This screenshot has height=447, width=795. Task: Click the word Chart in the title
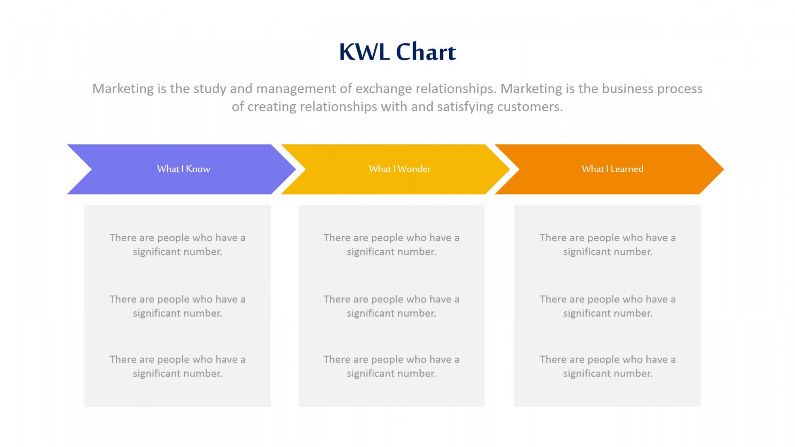click(426, 52)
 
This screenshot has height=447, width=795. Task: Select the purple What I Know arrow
click(182, 169)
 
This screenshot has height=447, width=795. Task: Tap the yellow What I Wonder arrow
click(395, 169)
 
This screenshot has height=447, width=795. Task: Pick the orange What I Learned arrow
click(609, 169)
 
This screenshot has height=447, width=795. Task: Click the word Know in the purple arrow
click(198, 169)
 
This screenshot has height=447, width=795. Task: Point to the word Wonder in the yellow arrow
click(414, 169)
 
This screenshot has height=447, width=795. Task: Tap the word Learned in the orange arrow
click(627, 169)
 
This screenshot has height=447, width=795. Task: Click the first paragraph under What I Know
click(178, 245)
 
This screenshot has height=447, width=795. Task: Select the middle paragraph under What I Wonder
click(391, 306)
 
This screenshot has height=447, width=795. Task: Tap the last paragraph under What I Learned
click(607, 366)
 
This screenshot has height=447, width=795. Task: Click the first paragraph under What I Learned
click(607, 245)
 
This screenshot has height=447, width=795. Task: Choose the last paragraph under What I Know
click(178, 366)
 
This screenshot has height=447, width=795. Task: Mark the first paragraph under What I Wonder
click(391, 245)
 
